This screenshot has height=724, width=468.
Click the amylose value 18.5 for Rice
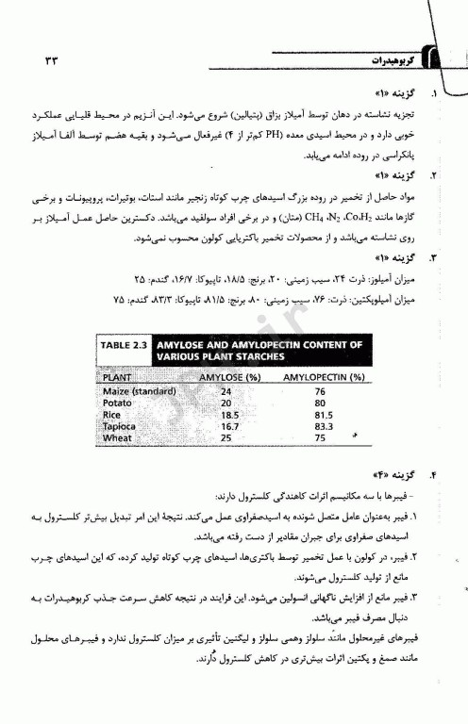click(226, 413)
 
